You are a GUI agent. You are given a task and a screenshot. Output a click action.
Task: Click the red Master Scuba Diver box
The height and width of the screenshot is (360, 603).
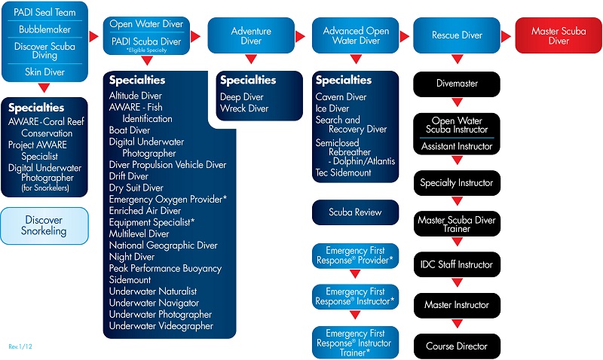click(x=559, y=35)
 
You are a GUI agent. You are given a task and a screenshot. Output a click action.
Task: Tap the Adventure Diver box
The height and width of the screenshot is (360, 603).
click(x=251, y=35)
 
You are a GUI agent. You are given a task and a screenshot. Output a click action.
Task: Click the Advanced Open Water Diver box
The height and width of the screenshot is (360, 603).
click(x=356, y=35)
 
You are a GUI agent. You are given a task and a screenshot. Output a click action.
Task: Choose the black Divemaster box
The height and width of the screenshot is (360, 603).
click(x=456, y=84)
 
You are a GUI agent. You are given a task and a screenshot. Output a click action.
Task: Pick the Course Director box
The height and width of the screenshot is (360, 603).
click(x=456, y=346)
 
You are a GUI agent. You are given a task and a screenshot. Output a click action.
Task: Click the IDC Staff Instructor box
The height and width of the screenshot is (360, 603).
click(x=456, y=264)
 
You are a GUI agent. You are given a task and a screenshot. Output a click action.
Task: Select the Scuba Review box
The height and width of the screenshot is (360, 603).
click(x=355, y=212)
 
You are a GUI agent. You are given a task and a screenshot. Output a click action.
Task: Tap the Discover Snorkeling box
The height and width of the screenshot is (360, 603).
click(x=44, y=225)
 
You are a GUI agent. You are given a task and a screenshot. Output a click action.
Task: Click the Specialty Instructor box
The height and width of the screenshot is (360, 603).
click(x=456, y=182)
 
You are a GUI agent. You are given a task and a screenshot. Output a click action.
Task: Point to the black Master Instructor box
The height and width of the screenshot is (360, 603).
click(x=456, y=305)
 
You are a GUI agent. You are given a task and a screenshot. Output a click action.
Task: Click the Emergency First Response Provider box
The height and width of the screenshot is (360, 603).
click(x=355, y=255)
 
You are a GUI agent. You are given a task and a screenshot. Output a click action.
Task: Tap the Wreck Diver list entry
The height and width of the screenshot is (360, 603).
click(x=244, y=108)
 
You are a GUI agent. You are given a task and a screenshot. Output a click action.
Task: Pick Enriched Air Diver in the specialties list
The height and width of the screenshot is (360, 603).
click(x=145, y=211)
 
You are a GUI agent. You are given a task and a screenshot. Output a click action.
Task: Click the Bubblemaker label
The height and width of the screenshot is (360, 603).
click(x=44, y=29)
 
